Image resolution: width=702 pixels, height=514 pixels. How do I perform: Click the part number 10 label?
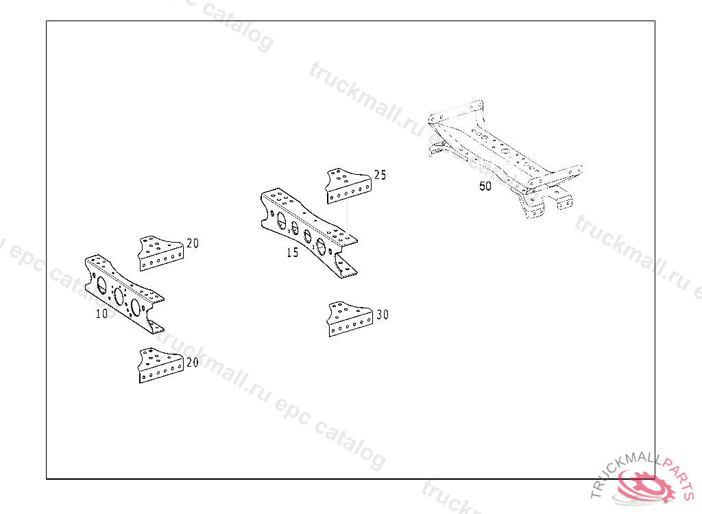(101, 315)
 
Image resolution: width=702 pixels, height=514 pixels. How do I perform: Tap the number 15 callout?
(293, 252)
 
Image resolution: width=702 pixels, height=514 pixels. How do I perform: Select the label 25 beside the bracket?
(380, 175)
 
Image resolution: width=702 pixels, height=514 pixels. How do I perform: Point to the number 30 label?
(383, 315)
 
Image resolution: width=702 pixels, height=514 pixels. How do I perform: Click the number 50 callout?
(485, 186)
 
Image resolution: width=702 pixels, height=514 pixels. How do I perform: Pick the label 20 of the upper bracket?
(193, 243)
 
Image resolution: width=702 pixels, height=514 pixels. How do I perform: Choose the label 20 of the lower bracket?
(193, 363)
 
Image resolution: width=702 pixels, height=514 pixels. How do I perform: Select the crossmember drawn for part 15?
(308, 230)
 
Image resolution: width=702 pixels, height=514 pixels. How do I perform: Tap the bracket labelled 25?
(348, 186)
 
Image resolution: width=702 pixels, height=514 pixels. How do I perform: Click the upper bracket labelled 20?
(160, 254)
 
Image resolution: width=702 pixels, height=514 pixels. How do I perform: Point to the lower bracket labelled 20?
(160, 365)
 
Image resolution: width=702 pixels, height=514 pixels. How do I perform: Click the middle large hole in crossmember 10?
(119, 296)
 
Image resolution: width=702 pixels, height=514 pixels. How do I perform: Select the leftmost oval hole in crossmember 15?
(281, 221)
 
